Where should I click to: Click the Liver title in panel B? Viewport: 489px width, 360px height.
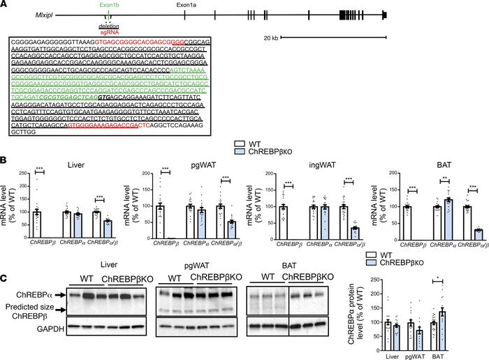[x=67, y=164]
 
